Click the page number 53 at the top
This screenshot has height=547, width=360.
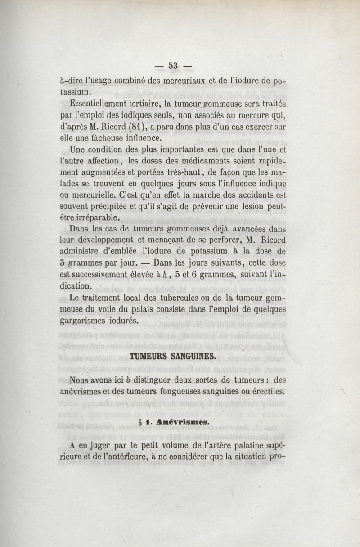pos(173,66)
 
